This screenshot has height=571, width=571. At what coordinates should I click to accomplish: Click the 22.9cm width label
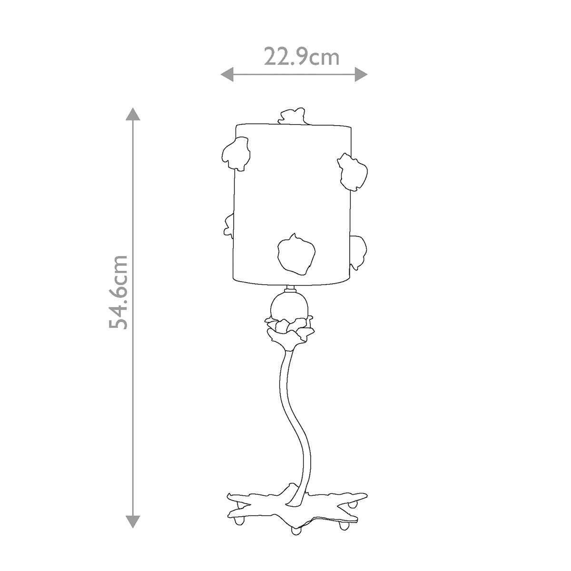301,58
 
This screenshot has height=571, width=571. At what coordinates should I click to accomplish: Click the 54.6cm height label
118,292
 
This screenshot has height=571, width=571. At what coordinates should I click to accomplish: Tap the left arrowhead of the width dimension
227,74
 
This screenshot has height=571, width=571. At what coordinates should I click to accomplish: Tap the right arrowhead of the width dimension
361,74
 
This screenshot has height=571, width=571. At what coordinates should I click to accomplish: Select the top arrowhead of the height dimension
133,114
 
